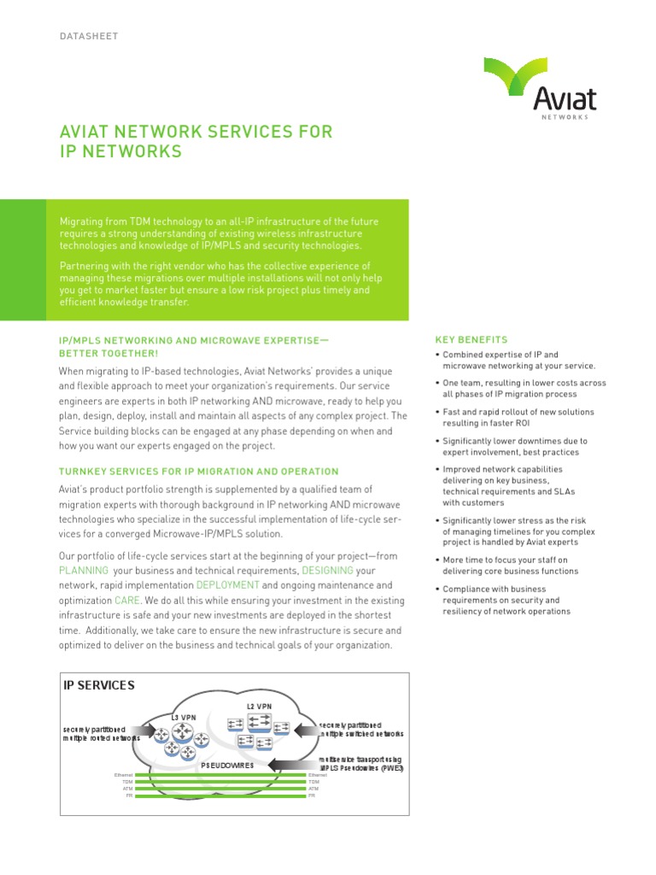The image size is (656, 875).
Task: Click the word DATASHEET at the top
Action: point(88,36)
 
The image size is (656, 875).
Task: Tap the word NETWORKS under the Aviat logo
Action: point(565,117)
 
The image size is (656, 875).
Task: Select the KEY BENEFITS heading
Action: point(471,339)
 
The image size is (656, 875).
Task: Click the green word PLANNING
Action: point(84,570)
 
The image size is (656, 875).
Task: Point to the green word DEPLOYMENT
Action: point(228,585)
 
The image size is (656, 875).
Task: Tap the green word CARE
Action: point(126,601)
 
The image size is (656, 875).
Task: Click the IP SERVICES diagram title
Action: point(99,684)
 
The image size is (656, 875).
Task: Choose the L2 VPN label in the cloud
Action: point(260,706)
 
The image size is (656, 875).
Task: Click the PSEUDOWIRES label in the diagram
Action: point(227,766)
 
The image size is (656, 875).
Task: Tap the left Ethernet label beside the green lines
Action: point(124,775)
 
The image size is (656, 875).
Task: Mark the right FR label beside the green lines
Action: point(312,796)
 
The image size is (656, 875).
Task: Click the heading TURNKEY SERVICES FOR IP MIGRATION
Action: point(198,471)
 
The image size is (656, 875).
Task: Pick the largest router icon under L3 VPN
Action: point(182,731)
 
